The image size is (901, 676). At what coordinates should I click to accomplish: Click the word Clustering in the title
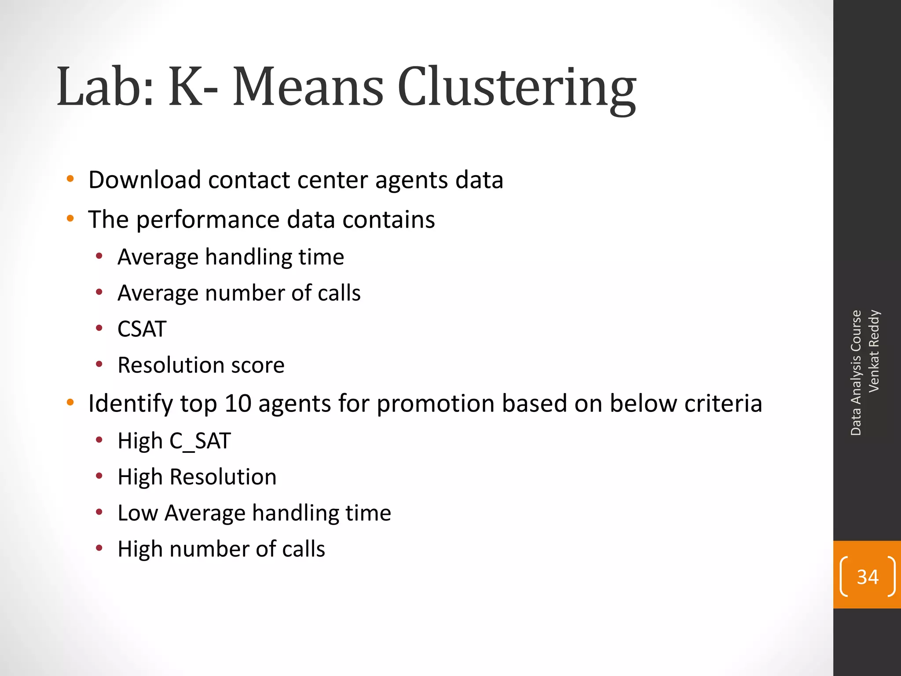516,88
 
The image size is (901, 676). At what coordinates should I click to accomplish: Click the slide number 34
868,577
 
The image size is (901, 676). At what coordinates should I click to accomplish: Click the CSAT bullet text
142,329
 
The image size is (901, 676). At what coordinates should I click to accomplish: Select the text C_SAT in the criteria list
200,441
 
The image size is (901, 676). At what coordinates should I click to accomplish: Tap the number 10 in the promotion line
238,403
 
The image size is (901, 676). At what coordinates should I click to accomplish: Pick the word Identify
131,404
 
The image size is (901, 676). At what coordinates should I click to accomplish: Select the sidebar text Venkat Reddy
874,351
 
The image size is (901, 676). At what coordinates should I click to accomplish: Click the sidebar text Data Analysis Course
856,373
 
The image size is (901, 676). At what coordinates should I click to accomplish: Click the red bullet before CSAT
99,328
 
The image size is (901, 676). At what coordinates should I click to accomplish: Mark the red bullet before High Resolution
99,476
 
